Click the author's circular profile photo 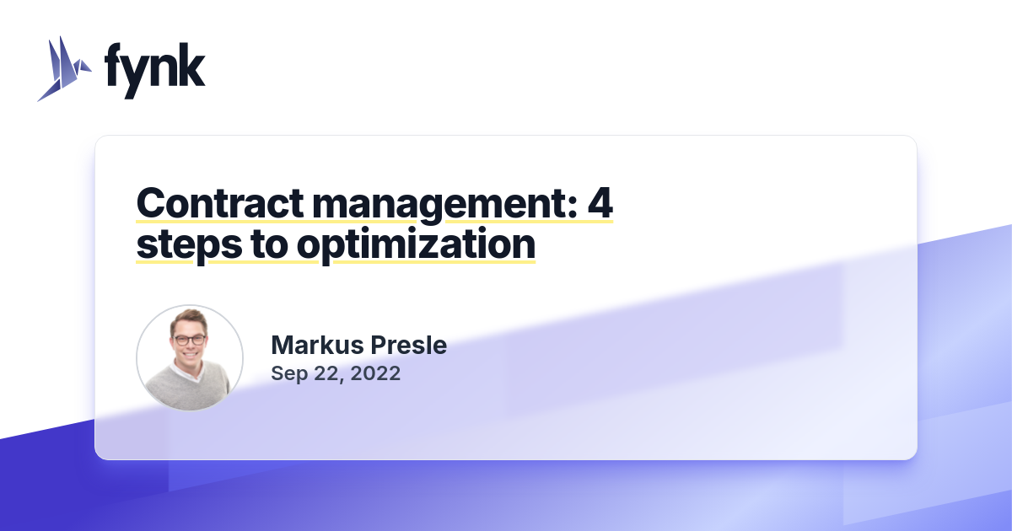tap(190, 358)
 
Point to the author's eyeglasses tap(189, 341)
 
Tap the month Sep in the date tap(288, 373)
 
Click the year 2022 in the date tap(374, 373)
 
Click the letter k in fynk tap(193, 67)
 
